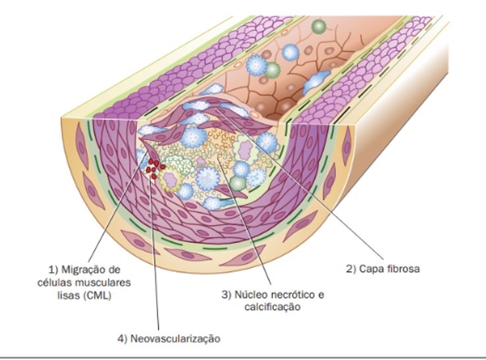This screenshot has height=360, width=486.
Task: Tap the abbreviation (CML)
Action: click(97, 296)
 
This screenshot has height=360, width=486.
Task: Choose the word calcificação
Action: click(271, 307)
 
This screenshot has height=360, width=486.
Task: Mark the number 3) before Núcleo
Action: click(227, 294)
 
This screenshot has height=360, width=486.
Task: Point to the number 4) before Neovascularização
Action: click(122, 338)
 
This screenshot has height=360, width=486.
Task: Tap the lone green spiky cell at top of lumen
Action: click(319, 27)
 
